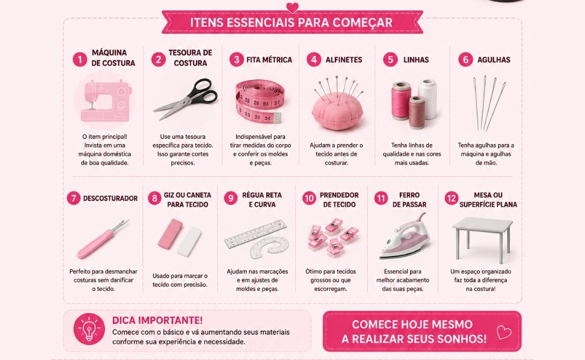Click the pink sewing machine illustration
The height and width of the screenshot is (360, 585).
pos(105,102)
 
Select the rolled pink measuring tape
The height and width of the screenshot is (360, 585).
pos(260,102)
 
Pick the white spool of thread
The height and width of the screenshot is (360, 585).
pos(427,98)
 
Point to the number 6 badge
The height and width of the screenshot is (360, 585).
pos(466,59)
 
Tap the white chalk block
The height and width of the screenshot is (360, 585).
pos(190,241)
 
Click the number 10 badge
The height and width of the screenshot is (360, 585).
pos(309,198)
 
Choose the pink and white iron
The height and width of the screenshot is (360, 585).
pos(406,237)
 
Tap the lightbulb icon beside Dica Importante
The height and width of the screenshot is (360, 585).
pos(89,329)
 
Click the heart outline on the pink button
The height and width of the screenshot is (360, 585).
pos(504,331)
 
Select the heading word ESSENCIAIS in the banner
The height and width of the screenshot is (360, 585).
pos(258,22)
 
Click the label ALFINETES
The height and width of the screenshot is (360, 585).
pos(343,59)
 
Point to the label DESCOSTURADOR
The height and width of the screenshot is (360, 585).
pos(110,198)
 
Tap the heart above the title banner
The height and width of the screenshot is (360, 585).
pos(292,7)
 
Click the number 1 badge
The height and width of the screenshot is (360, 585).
pos(80,59)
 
